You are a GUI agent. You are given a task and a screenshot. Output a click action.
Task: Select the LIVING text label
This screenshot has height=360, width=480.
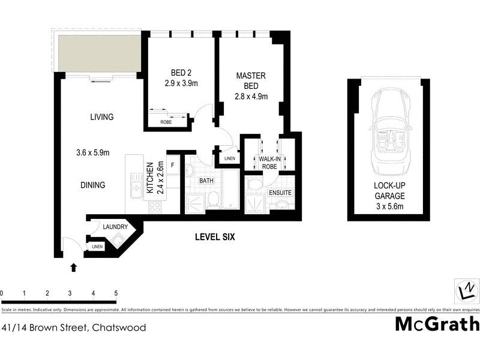[101, 117]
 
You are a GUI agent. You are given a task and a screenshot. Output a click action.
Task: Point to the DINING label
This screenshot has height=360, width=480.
[93, 185]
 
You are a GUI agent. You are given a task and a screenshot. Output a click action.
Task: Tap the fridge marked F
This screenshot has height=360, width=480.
[173, 165]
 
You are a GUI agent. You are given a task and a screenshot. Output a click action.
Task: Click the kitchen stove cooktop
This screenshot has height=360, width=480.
[155, 207]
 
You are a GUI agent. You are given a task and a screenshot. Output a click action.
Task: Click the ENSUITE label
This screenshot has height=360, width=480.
[280, 193]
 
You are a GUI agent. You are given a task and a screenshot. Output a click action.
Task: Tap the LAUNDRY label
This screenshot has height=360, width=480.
[115, 227]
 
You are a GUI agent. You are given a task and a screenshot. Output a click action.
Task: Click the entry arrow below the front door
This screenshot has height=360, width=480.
[73, 267]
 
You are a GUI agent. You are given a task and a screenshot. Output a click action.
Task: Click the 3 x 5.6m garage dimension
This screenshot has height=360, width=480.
[389, 207]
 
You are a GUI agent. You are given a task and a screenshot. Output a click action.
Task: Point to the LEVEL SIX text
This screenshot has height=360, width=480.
[215, 237]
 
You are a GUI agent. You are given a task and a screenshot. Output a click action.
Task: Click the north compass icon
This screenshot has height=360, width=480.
[466, 292]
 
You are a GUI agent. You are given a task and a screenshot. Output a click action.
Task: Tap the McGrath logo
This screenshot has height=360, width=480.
[437, 324]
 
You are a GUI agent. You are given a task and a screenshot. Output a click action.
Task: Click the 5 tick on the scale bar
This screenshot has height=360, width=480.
[116, 293]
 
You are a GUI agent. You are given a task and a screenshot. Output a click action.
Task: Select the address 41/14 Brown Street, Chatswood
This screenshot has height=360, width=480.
[74, 328]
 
